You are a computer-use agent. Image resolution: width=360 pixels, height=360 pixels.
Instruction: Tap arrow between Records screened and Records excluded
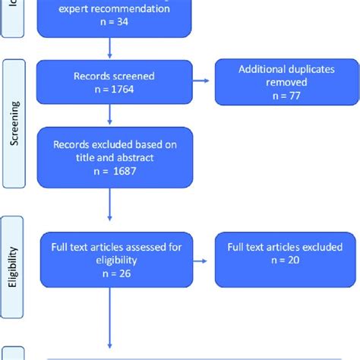coord(112,115)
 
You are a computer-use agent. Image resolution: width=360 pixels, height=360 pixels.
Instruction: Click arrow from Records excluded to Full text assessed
coord(112,208)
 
